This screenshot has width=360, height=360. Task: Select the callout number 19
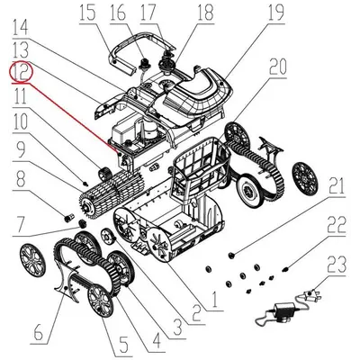pos(274,13)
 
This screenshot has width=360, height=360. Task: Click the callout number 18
pos(205,13)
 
